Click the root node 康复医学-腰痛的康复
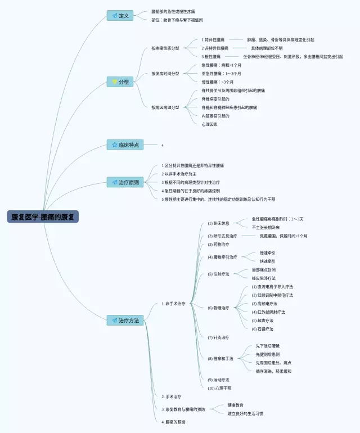(x=43, y=216)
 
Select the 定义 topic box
(x=120, y=15)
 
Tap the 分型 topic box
(x=120, y=82)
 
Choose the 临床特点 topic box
(x=124, y=145)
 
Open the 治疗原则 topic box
(x=124, y=182)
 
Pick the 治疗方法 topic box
(x=124, y=320)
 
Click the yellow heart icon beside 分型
(x=115, y=82)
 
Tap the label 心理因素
(x=210, y=124)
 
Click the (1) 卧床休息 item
(x=219, y=223)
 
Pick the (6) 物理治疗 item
(x=219, y=308)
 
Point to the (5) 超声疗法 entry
(x=263, y=321)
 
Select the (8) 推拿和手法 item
(x=220, y=358)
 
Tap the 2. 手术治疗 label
(x=171, y=396)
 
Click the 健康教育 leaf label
(x=236, y=405)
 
